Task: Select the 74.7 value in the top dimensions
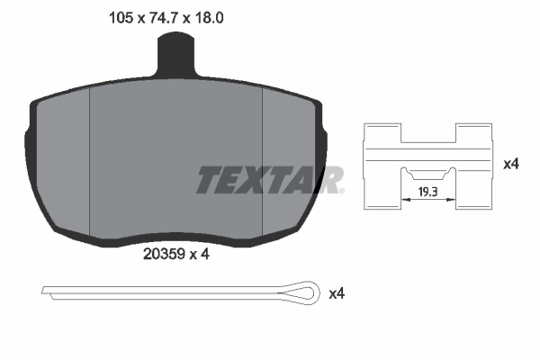[x=166, y=15]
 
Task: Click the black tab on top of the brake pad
[x=176, y=56]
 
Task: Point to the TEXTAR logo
[x=269, y=180]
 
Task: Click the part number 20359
[x=164, y=255]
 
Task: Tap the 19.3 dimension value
[x=428, y=192]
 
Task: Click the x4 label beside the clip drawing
[x=511, y=165]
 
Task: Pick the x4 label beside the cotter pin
[x=337, y=293]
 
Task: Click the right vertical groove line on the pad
[x=262, y=162]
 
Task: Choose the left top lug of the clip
[x=382, y=132]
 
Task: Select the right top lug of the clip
[x=474, y=132]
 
